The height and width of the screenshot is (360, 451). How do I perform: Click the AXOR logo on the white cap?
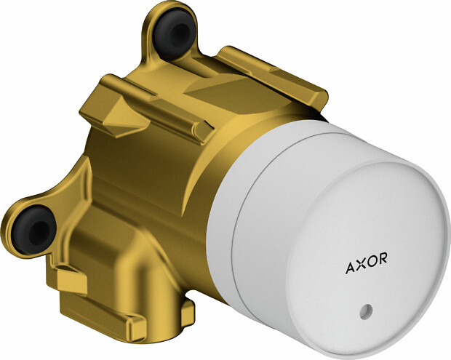pyautogui.click(x=366, y=263)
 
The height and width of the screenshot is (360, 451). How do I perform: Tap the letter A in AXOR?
pyautogui.click(x=351, y=268)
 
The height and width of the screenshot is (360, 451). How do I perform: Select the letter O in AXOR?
pyautogui.click(x=371, y=261)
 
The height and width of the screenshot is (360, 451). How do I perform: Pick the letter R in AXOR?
pyautogui.click(x=383, y=257)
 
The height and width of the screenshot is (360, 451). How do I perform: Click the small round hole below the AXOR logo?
pyautogui.click(x=366, y=311)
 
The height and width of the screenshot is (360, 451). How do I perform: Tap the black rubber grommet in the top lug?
pyautogui.click(x=174, y=32)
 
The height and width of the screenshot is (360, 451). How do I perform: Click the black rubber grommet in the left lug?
pyautogui.click(x=34, y=230)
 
